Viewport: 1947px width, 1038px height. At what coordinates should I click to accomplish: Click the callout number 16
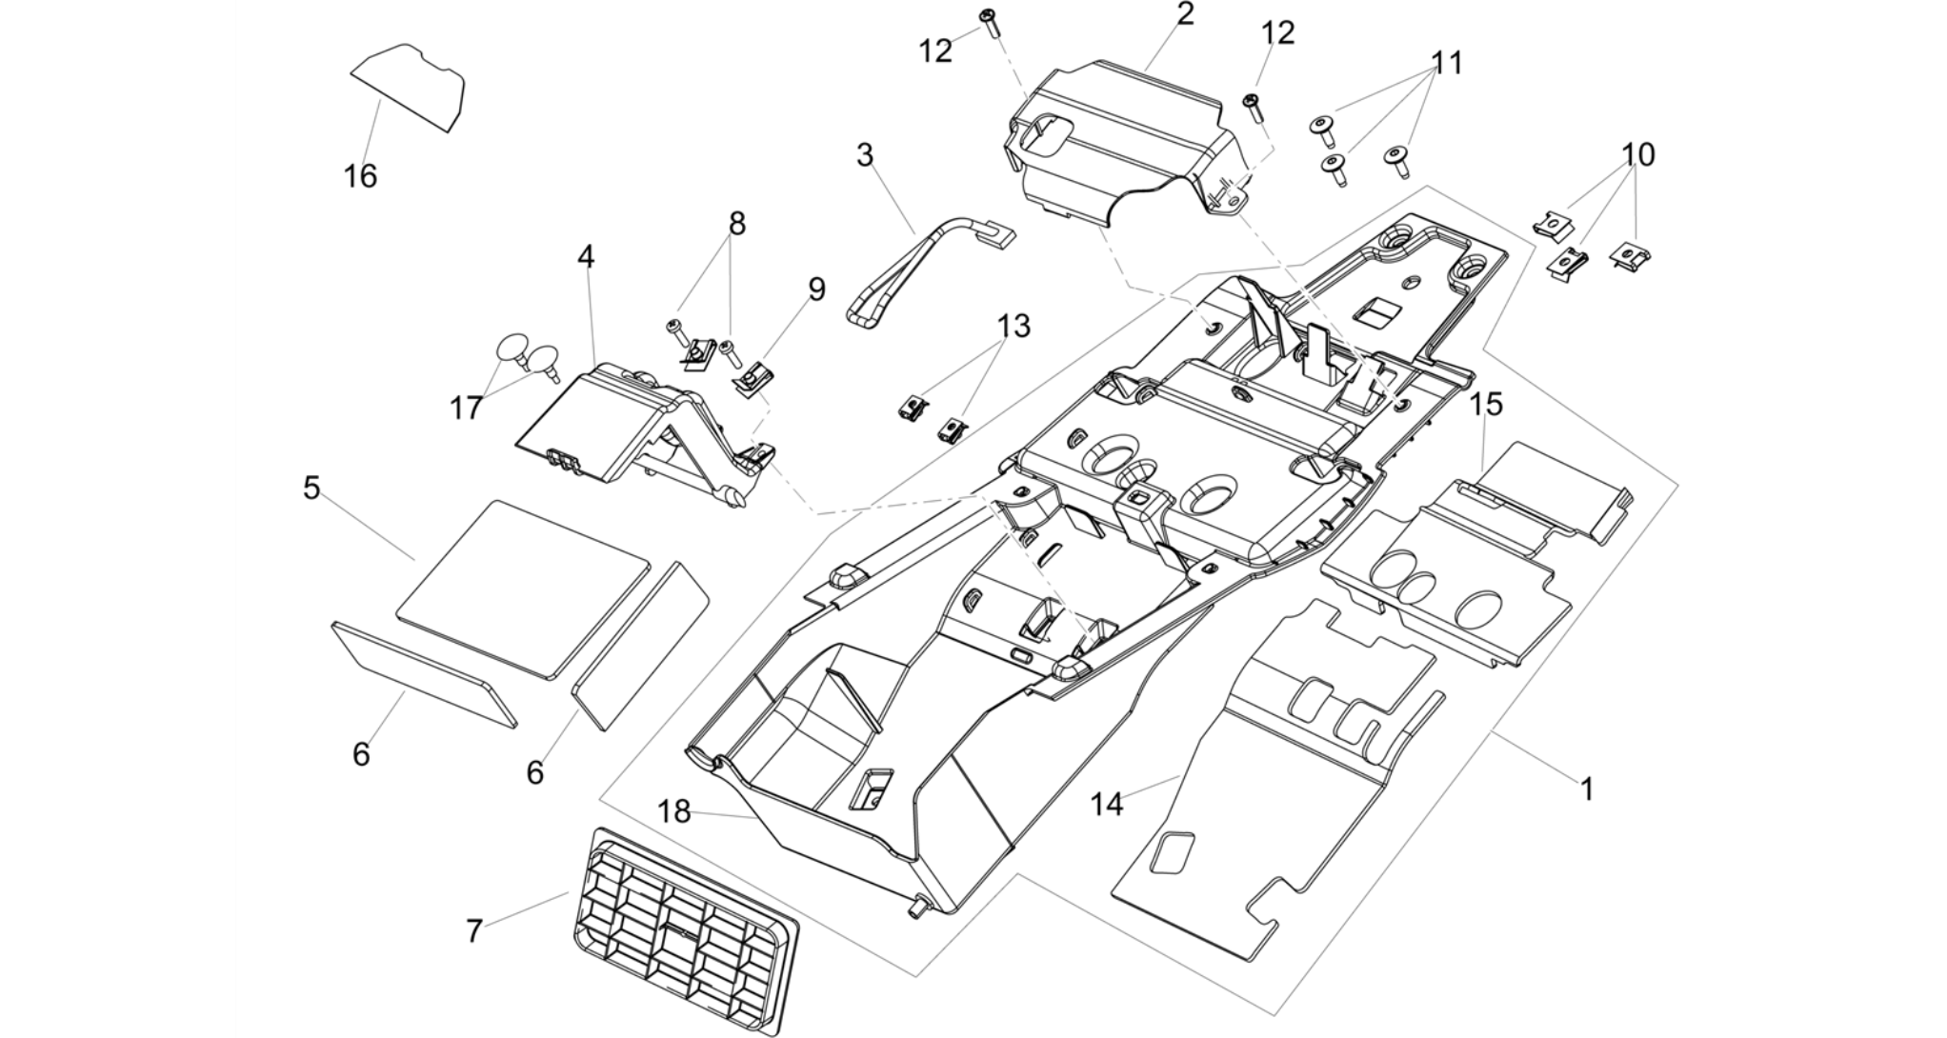coord(361,176)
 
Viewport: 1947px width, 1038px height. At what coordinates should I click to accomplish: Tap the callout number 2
coord(1185,14)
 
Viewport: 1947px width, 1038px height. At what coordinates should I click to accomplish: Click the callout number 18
coord(674,812)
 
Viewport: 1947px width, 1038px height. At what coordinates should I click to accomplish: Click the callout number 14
coord(1107,805)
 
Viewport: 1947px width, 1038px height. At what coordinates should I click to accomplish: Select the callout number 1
coord(1587,789)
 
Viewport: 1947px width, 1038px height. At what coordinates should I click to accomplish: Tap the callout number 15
coord(1486,404)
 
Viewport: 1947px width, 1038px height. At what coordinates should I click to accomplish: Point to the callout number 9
coord(816,289)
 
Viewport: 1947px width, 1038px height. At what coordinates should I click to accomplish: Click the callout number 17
coord(466,409)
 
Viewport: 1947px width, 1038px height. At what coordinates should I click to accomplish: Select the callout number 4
coord(586,256)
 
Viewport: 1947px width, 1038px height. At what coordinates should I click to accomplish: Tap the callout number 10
coord(1638,154)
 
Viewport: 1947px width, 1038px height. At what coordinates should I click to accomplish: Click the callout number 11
coord(1446,63)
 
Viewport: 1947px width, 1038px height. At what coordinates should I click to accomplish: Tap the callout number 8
coord(737,224)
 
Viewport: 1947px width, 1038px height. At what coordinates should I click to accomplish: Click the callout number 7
coord(474,930)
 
